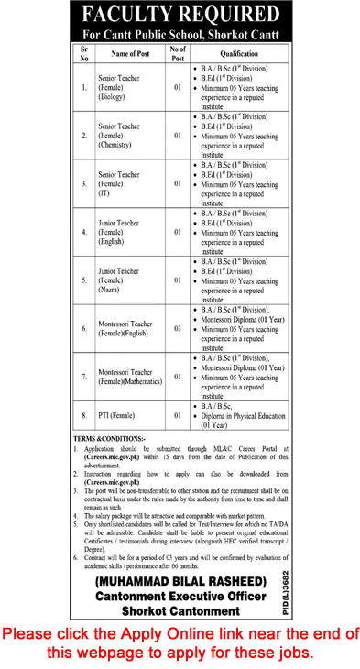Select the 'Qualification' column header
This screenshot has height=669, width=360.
tap(241, 54)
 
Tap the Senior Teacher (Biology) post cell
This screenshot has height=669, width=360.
tap(122, 89)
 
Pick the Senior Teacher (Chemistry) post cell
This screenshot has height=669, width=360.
tap(122, 137)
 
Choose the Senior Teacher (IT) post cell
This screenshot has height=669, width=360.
tap(122, 185)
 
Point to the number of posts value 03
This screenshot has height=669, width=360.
tap(178, 326)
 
